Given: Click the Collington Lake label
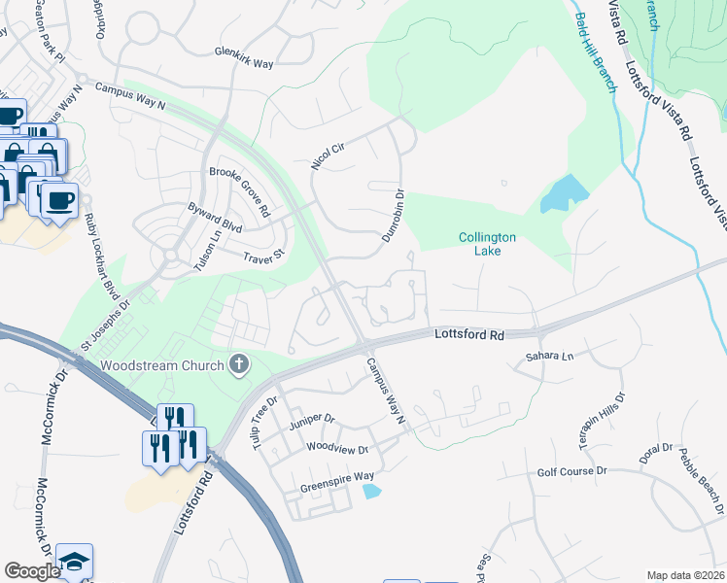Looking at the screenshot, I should [x=488, y=244].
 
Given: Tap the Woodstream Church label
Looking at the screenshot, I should [x=162, y=366].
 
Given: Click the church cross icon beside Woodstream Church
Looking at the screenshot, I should [x=238, y=365].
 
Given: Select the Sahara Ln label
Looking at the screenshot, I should [x=550, y=357].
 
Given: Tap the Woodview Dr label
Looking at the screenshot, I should [x=337, y=450].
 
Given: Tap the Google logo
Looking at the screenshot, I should [x=32, y=571].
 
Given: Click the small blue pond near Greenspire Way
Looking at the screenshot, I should [x=372, y=492].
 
